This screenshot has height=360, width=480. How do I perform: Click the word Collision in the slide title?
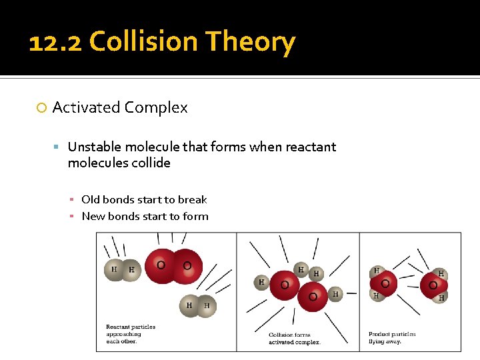point(143,43)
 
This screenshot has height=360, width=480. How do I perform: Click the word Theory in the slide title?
point(250,43)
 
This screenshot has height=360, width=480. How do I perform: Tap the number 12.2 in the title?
point(56,43)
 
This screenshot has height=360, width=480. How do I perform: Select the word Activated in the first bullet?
point(86,107)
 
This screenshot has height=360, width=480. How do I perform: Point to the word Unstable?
point(95,147)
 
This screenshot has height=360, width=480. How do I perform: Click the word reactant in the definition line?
point(311,147)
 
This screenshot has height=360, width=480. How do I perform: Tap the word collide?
point(153,163)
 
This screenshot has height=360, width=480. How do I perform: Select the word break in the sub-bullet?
point(193,199)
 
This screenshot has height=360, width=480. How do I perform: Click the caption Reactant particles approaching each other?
point(131,334)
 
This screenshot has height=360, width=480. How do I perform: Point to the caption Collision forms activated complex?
point(294,338)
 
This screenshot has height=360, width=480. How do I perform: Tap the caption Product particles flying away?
point(392,337)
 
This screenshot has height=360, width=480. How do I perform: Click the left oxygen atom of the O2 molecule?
point(161,265)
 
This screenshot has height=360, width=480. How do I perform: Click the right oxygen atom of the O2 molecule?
point(187,266)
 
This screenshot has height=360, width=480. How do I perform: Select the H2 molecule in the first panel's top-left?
point(123,269)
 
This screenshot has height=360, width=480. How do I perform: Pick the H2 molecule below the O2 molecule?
point(198,305)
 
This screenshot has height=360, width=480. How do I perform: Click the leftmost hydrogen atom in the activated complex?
point(262,282)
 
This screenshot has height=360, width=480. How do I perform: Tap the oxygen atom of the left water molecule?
point(385,283)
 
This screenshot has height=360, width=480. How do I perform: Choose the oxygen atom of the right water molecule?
point(433,285)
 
